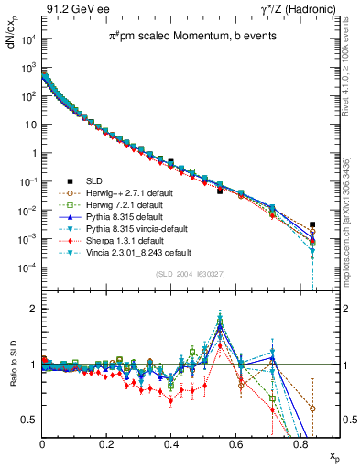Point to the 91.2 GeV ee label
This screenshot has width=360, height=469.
pyautogui.click(x=71, y=8)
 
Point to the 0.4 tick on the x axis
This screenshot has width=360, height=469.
pyautogui.click(x=171, y=444)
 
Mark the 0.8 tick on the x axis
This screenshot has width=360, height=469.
pyautogui.click(x=300, y=444)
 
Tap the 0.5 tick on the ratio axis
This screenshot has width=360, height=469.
pyautogui.click(x=31, y=420)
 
